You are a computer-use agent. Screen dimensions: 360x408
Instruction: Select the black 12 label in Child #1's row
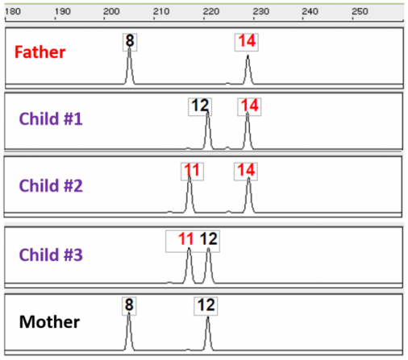pos(201,106)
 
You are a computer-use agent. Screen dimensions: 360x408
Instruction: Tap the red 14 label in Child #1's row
pos(249,106)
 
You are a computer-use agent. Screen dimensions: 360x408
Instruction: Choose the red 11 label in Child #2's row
pos(190,170)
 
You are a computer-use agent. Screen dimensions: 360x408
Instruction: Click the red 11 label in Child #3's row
pos(186,238)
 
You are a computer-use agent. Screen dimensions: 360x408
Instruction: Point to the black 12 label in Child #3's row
pos(209,238)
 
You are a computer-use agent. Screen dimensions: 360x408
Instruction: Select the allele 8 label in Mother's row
pos(128,305)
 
